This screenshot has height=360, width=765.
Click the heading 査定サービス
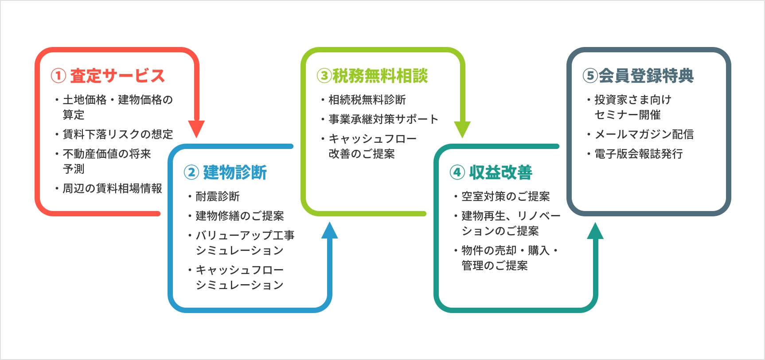[x=117, y=76]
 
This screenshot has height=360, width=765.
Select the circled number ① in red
[x=59, y=76]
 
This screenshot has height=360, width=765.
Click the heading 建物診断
[x=235, y=172]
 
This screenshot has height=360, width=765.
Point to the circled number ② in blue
[x=191, y=172]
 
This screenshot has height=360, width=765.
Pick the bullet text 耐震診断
[x=218, y=196]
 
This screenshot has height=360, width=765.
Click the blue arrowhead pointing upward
[x=329, y=231]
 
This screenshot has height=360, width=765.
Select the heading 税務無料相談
[x=380, y=76]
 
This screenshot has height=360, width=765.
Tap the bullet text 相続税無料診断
[x=367, y=100]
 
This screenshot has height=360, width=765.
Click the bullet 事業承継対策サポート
[x=383, y=119]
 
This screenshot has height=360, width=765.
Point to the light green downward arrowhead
[x=462, y=129]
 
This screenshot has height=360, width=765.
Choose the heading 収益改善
[x=501, y=172]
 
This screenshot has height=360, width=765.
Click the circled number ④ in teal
[x=457, y=172]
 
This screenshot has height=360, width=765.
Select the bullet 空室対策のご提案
[x=506, y=196]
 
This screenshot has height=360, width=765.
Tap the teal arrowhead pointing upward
[x=595, y=231]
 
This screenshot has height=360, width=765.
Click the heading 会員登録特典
[x=646, y=76]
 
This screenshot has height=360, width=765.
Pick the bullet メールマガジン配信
[x=644, y=134]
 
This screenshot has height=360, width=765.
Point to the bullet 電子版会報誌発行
[x=638, y=154]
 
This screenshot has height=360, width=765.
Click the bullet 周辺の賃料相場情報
[x=112, y=188]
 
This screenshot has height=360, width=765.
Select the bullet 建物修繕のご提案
[x=240, y=216]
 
